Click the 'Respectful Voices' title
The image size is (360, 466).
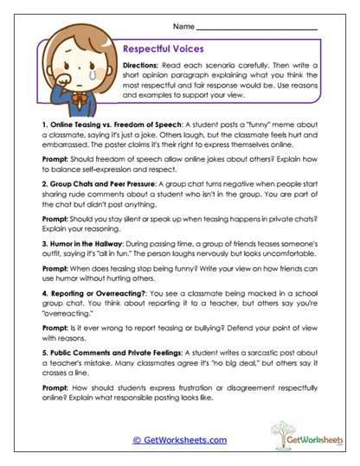click(x=164, y=51)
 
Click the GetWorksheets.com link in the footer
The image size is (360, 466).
click(x=180, y=439)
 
